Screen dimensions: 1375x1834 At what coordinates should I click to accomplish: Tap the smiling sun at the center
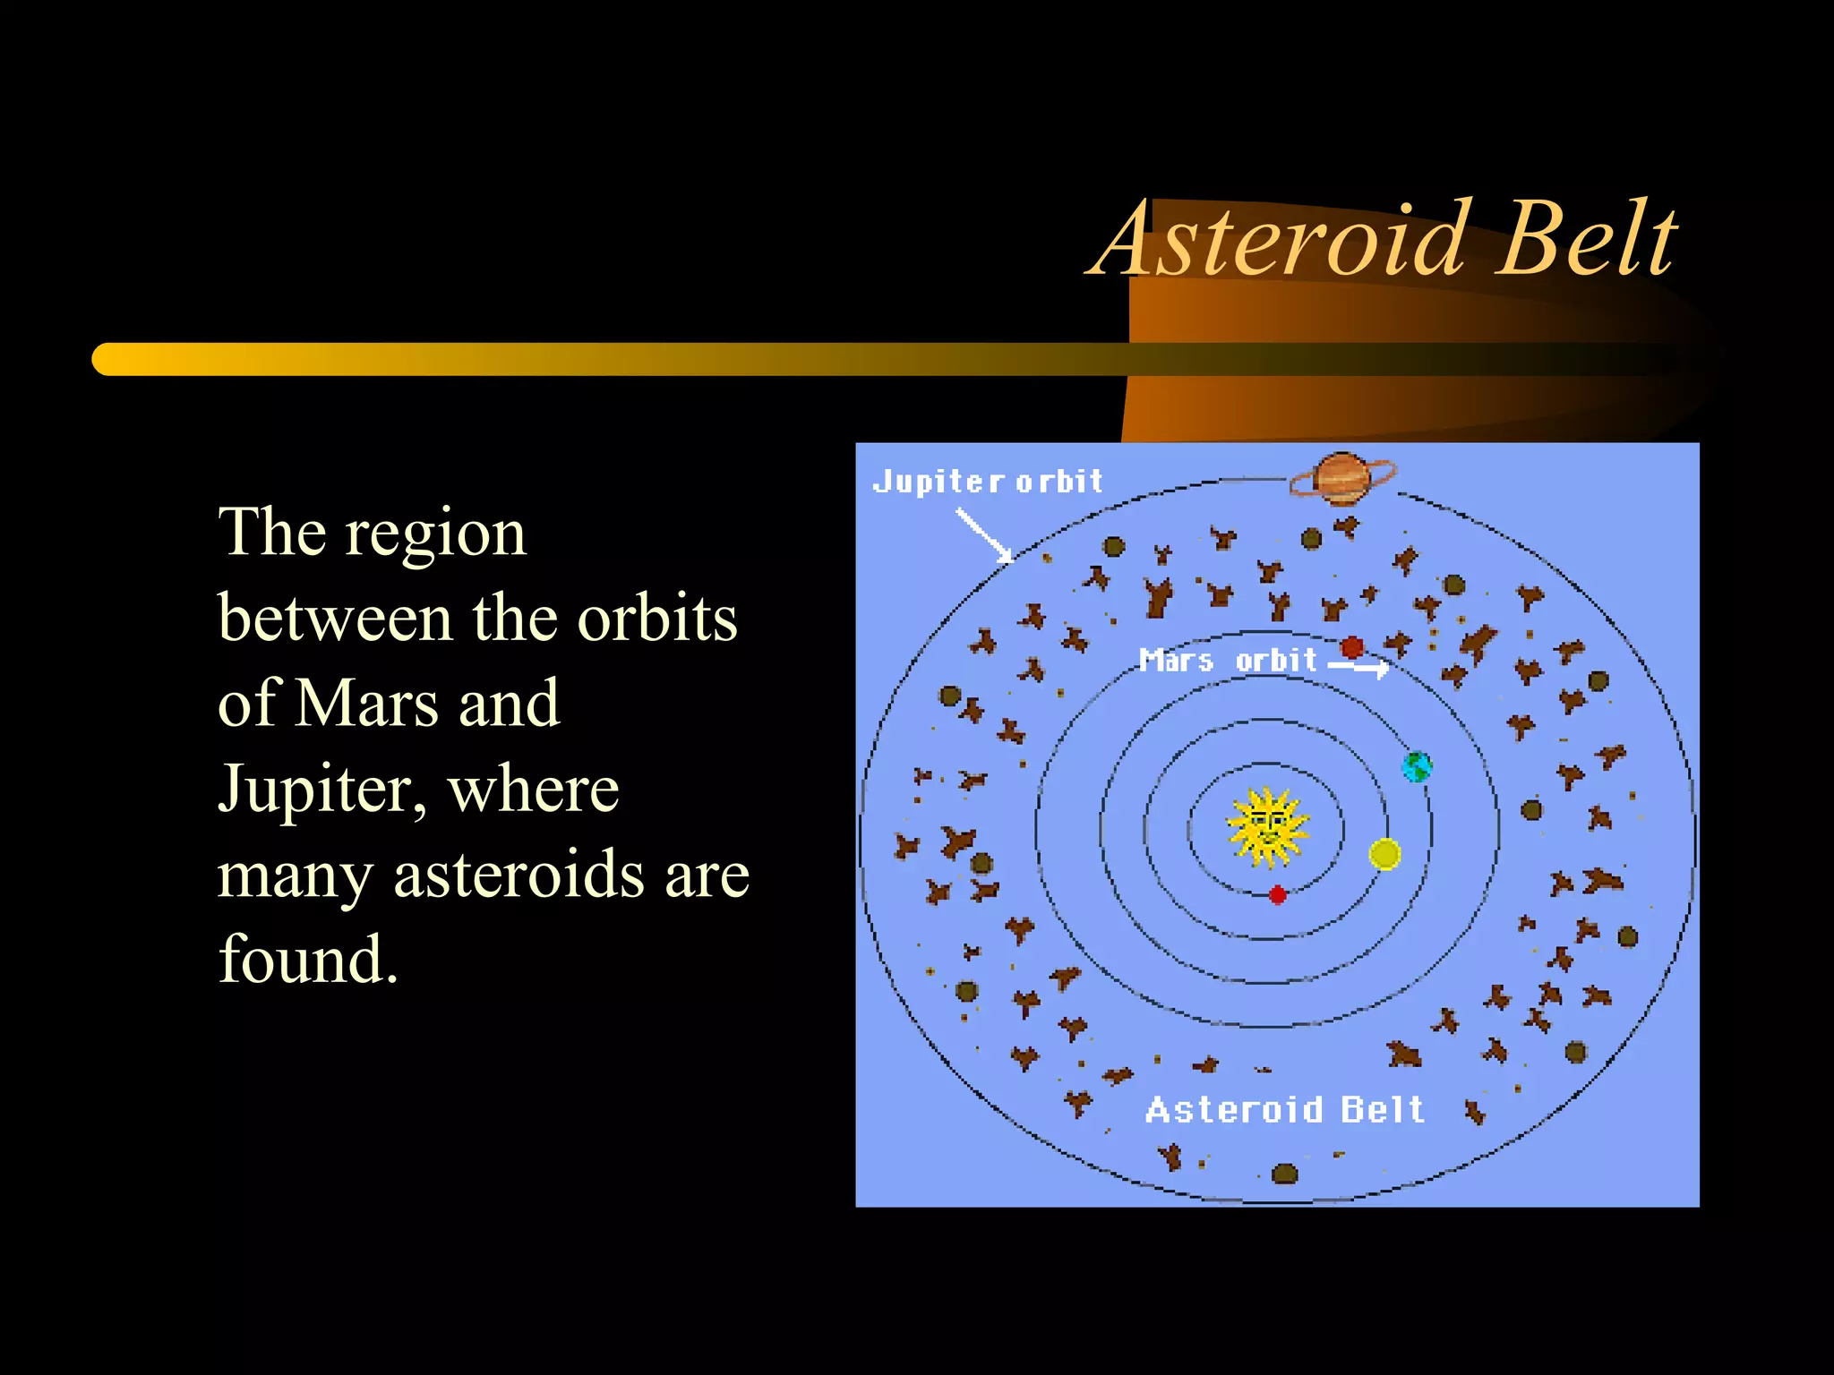pyautogui.click(x=1267, y=827)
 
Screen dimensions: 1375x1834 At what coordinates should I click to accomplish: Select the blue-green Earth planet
pyautogui.click(x=1417, y=766)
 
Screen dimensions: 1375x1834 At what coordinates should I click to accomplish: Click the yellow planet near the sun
pyautogui.click(x=1384, y=854)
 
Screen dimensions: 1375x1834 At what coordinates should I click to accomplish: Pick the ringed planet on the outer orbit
pyautogui.click(x=1341, y=479)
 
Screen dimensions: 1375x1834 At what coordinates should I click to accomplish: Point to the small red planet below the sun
pyautogui.click(x=1278, y=894)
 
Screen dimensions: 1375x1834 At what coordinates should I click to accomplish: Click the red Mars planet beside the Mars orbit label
pyautogui.click(x=1352, y=646)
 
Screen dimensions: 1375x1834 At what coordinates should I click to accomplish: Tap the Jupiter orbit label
pyautogui.click(x=987, y=482)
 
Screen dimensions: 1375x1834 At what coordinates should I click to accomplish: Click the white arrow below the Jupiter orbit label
pyautogui.click(x=983, y=535)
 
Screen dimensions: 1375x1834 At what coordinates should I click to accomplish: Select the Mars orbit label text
pyautogui.click(x=1227, y=661)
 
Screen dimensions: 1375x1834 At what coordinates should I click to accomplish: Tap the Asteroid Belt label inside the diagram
pyautogui.click(x=1284, y=1110)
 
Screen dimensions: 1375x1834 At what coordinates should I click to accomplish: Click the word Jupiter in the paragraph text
pyautogui.click(x=313, y=790)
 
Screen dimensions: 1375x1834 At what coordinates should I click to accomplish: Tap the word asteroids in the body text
pyautogui.click(x=518, y=875)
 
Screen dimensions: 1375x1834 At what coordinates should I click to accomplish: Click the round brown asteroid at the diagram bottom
pyautogui.click(x=1284, y=1173)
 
